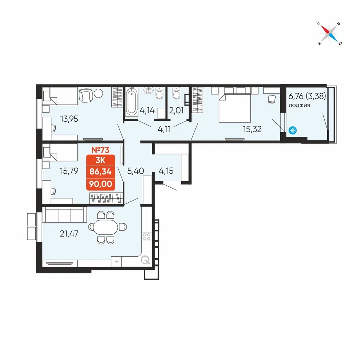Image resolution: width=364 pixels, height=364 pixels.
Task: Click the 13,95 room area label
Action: click(69, 119)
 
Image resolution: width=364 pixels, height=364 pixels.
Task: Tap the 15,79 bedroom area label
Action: click(69, 171)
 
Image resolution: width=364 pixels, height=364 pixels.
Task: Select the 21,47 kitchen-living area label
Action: click(69, 234)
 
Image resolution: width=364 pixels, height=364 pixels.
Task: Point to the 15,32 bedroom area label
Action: click(252, 129)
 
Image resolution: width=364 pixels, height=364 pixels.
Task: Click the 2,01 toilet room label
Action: click(177, 110)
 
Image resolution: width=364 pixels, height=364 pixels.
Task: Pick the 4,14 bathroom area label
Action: click(147, 110)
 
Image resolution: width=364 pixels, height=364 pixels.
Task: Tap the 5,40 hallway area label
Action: click(135, 171)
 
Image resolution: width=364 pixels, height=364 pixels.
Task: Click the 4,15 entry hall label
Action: click(166, 171)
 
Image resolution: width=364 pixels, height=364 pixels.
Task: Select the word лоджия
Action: click(299, 106)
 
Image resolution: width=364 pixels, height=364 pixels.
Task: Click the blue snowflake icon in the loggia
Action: click(293, 130)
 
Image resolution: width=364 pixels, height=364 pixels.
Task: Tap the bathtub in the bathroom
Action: click(132, 102)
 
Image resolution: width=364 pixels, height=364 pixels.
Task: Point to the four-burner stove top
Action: click(147, 237)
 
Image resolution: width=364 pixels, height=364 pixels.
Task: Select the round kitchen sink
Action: click(146, 260)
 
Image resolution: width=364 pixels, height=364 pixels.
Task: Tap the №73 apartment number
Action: click(100, 150)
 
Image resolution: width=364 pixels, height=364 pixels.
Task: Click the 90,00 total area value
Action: click(100, 184)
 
